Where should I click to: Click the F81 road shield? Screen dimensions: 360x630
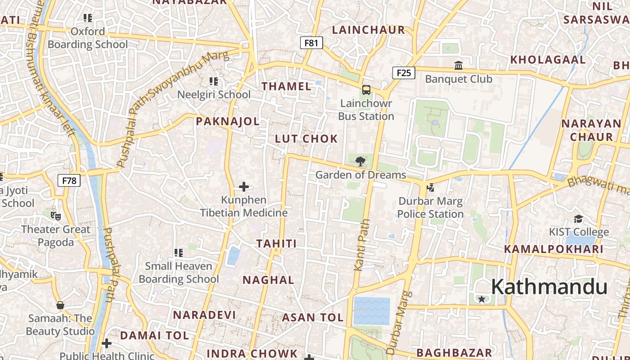point(311,43)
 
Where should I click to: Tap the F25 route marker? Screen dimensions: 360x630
point(403,72)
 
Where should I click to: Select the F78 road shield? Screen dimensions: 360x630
point(69,181)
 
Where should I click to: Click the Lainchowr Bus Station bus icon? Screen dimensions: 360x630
point(366,90)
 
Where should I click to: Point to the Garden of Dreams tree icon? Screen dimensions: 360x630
point(360,161)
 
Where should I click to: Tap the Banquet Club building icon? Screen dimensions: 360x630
point(459,66)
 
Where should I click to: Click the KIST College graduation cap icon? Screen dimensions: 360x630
point(578,219)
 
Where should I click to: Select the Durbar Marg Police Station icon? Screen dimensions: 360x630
point(430,187)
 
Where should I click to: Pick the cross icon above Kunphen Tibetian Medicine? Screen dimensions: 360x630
point(244,186)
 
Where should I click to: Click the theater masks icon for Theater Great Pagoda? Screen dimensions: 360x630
point(56,216)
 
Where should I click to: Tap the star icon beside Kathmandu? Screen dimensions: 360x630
point(482,299)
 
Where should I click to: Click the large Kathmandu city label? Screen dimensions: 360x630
point(549,287)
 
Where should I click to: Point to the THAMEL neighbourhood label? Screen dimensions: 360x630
point(287,86)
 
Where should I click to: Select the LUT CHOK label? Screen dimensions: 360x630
point(306,139)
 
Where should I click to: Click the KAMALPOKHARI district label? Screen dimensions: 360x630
point(553,249)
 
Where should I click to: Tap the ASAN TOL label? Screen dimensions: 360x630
point(313,318)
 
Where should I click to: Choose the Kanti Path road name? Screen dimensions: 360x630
point(362,245)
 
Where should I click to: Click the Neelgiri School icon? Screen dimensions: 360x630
point(214,81)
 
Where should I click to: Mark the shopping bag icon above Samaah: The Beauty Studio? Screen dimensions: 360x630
point(60,305)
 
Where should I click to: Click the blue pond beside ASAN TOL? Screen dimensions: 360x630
point(372,311)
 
